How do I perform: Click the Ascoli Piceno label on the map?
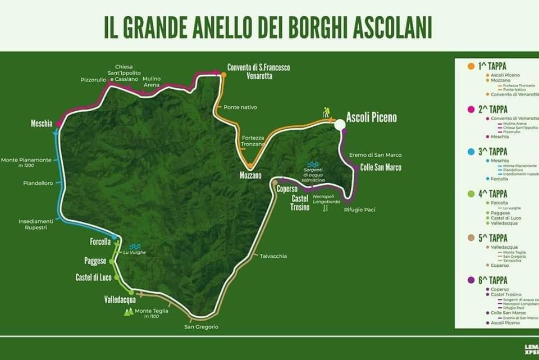click(x=371, y=117)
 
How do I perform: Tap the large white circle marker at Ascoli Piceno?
click(x=340, y=125)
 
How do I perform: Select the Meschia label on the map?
click(x=42, y=123)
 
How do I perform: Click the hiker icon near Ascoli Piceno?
click(x=326, y=113)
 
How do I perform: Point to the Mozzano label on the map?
click(x=250, y=175)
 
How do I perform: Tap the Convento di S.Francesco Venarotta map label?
click(x=258, y=71)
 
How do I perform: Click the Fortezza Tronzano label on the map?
click(x=252, y=141)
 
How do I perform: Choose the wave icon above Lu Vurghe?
click(x=135, y=246)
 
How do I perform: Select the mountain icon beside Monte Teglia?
click(x=129, y=312)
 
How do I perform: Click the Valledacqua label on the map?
click(x=120, y=300)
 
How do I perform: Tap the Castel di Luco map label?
click(x=93, y=277)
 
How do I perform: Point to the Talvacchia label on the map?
click(x=273, y=256)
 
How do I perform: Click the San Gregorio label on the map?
click(x=201, y=327)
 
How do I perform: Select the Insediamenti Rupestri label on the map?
click(x=36, y=224)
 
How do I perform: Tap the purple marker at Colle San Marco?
click(x=355, y=167)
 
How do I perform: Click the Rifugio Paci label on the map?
click(x=359, y=209)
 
